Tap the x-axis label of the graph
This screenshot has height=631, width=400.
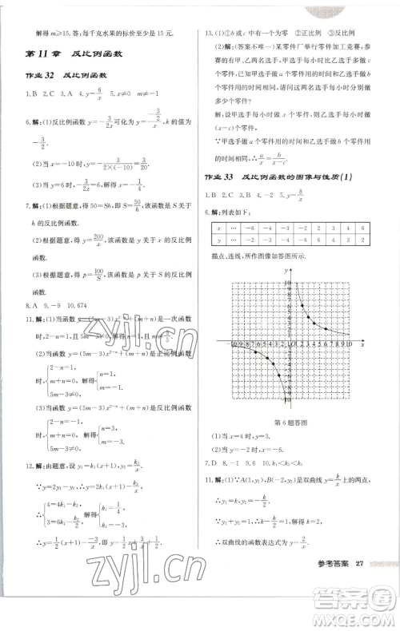point(362,344)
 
